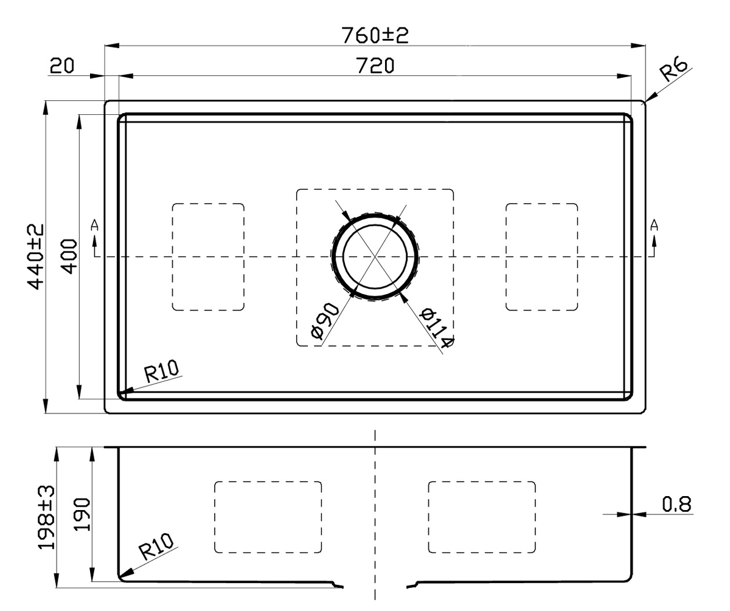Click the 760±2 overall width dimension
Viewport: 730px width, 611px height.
tap(375, 35)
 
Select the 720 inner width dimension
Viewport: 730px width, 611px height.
tap(375, 66)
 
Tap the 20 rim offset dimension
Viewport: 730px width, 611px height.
tap(62, 66)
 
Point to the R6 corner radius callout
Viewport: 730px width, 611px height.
tap(673, 70)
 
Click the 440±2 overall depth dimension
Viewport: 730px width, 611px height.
tap(36, 257)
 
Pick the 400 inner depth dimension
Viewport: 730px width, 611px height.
tap(69, 257)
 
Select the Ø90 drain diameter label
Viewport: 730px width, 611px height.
tap(325, 320)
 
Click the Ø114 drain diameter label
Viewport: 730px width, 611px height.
tap(437, 328)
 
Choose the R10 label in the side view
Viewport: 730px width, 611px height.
tap(156, 547)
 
